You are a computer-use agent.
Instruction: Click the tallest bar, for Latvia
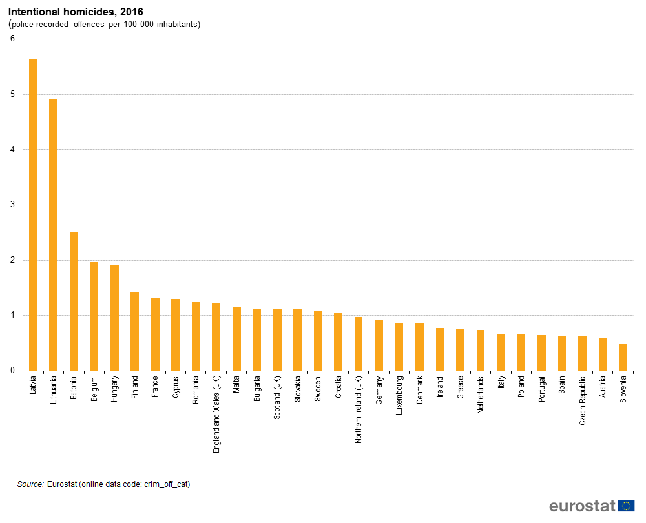(x=34, y=214)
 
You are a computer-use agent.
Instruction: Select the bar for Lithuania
(x=54, y=235)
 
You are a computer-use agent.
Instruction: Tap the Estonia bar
(x=74, y=301)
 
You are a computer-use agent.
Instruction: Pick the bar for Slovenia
(x=623, y=358)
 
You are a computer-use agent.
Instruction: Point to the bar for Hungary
(x=115, y=318)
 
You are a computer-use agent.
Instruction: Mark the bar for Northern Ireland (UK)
(x=359, y=344)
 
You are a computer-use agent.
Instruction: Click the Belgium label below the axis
(x=94, y=390)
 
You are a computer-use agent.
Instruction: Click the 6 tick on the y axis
(x=12, y=39)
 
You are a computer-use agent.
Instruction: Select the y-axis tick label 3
(x=12, y=205)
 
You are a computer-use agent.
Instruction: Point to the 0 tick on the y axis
(x=12, y=371)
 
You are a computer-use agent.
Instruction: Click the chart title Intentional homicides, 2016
(x=76, y=12)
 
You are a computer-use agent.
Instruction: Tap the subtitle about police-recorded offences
(x=105, y=25)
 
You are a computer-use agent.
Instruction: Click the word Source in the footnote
(x=30, y=484)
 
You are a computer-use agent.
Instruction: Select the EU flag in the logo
(x=626, y=506)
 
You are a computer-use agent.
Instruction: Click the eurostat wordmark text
(x=582, y=506)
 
